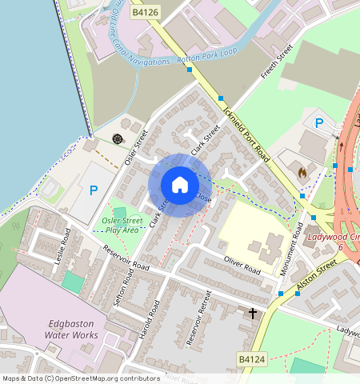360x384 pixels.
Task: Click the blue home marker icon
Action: coord(180,185)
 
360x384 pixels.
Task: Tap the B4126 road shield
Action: coord(145,12)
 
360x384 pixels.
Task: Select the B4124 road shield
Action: coord(251,362)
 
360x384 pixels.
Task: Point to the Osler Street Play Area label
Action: coord(124,225)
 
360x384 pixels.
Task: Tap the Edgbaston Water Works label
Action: coord(71,329)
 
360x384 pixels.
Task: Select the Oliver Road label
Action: coord(243,265)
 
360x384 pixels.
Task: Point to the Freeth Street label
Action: coord(274,66)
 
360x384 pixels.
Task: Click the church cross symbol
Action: coord(253,313)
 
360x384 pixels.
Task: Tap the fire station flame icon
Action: coord(302,171)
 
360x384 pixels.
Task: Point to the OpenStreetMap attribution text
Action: coord(82,378)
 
